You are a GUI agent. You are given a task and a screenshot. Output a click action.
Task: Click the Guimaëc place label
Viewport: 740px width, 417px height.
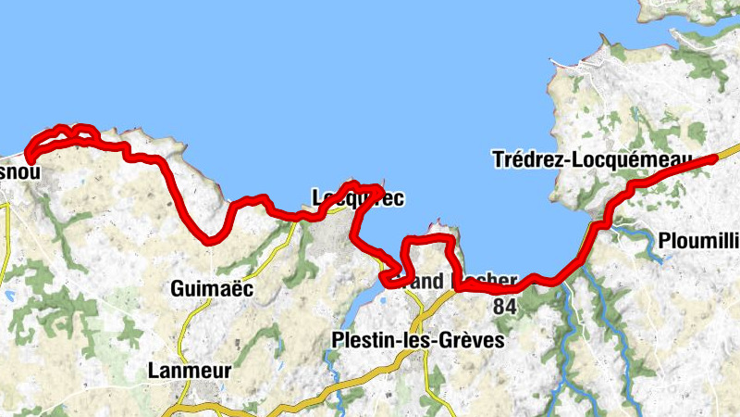click(212, 289)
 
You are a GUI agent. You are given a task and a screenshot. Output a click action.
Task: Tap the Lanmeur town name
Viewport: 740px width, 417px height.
click(189, 371)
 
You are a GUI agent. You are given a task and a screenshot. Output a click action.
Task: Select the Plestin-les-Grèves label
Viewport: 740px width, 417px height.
click(417, 341)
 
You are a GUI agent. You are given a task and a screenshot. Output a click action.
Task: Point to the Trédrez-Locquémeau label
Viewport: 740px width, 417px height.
click(592, 160)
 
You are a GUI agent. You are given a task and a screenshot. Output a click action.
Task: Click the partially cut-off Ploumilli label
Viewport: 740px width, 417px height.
click(699, 243)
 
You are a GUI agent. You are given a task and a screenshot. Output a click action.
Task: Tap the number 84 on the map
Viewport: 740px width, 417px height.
click(505, 307)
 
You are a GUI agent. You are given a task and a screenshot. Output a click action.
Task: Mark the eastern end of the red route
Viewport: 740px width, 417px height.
click(714, 158)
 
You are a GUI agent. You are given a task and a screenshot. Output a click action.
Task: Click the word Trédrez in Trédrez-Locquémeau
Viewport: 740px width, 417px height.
click(526, 160)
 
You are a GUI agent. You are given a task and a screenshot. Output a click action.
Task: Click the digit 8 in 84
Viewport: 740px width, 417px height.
click(499, 307)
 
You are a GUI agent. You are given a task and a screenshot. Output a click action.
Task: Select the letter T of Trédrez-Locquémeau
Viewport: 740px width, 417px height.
click(499, 160)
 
